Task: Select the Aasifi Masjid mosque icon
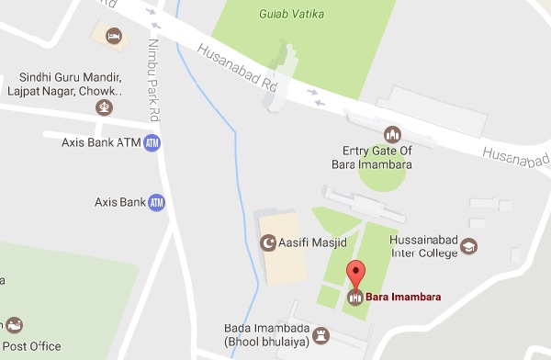click(269, 244)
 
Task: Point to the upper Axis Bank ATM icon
click(152, 143)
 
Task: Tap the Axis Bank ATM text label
click(96, 143)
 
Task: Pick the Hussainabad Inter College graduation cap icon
click(468, 246)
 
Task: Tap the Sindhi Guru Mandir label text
click(68, 84)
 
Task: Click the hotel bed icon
click(114, 36)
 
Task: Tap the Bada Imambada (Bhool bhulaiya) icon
click(320, 334)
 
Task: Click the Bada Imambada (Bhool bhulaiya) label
click(265, 334)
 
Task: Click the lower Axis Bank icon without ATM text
click(156, 201)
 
